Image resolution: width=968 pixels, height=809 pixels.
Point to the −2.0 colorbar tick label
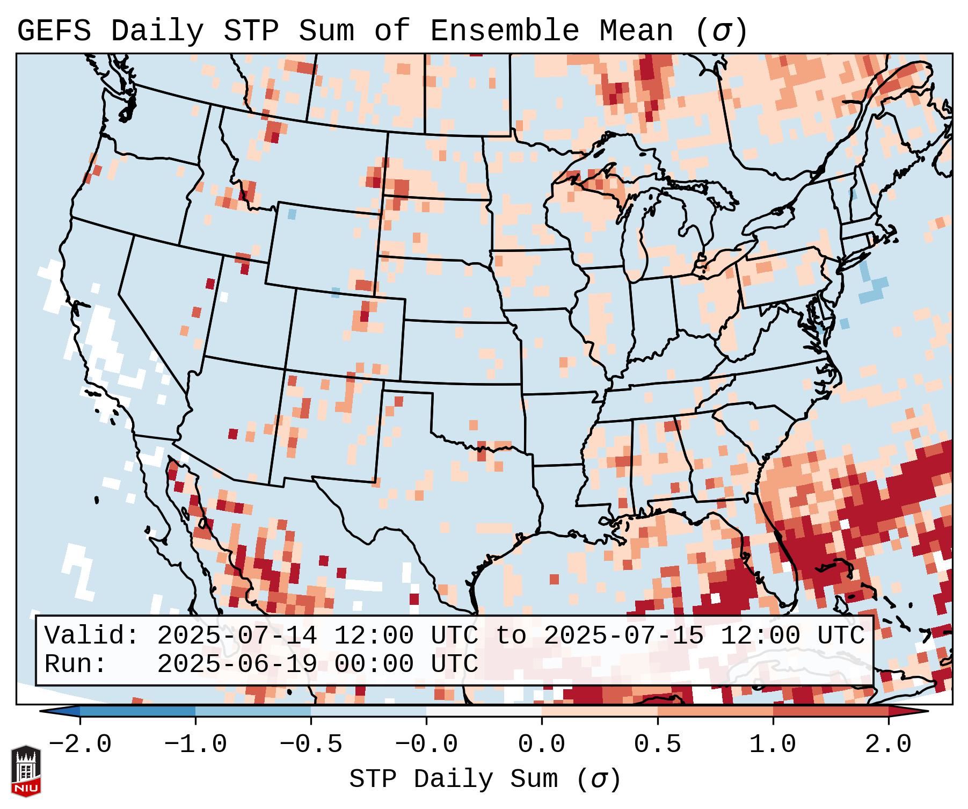(80, 745)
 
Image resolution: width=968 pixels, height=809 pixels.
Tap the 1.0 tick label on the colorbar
(773, 745)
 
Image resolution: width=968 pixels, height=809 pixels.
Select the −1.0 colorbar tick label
(195, 745)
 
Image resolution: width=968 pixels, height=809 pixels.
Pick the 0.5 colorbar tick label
(658, 745)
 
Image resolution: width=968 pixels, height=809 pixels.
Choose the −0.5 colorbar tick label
(311, 745)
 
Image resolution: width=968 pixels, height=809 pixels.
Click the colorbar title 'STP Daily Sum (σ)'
(485, 779)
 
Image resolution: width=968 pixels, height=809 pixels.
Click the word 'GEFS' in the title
(54, 31)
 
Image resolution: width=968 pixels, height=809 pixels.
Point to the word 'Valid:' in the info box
(92, 636)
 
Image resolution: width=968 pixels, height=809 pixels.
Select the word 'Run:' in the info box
(76, 664)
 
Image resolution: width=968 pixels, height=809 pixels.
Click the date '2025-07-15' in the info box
(623, 636)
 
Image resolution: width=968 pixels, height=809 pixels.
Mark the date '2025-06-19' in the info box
(237, 664)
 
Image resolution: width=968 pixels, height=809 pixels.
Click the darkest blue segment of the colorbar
(137, 711)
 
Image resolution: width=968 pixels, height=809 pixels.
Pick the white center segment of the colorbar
(484, 711)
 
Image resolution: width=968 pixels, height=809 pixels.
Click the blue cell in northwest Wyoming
(292, 214)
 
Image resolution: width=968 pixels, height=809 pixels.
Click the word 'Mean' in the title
(636, 31)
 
